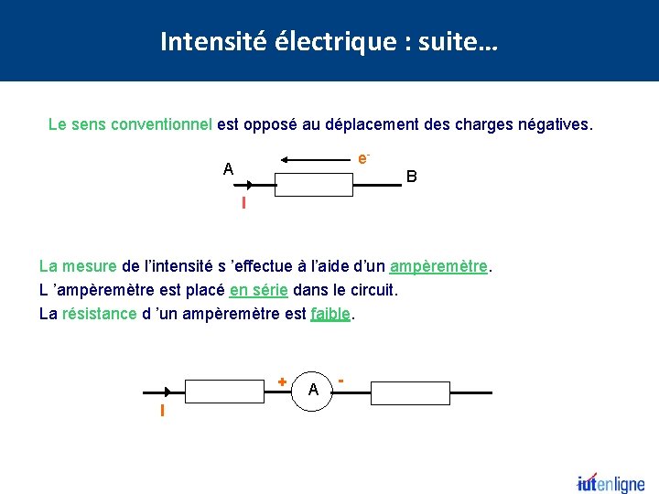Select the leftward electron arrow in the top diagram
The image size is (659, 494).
tap(317, 160)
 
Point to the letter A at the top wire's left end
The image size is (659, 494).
tap(228, 169)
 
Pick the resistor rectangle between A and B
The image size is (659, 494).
tap(314, 185)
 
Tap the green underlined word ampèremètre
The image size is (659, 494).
tap(438, 267)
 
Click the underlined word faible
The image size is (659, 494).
tap(330, 315)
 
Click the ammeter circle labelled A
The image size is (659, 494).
tap(313, 391)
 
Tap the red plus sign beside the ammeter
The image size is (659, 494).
tap(282, 380)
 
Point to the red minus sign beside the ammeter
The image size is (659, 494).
tap(340, 378)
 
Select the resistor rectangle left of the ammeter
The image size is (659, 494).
tap(223, 392)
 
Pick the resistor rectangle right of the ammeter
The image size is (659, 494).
tap(409, 393)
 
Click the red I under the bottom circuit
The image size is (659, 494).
tap(162, 411)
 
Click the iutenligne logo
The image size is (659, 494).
tap(610, 484)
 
